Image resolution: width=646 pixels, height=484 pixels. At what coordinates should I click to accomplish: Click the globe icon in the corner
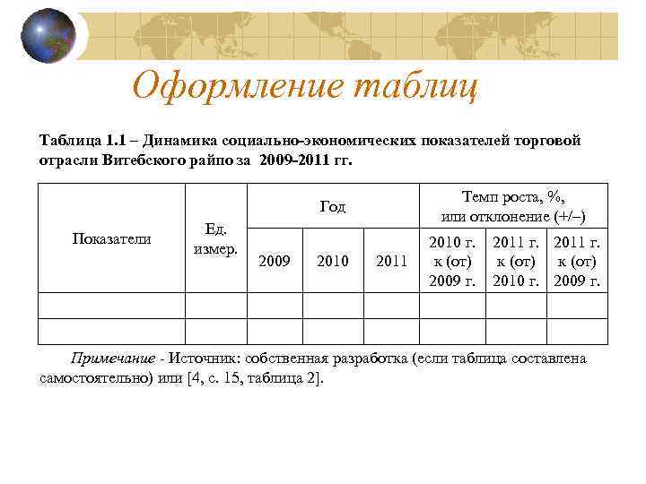coord(47,37)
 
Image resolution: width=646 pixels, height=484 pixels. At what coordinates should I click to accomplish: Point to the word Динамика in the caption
coord(180,141)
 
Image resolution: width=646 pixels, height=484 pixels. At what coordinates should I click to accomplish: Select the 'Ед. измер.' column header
coord(215,238)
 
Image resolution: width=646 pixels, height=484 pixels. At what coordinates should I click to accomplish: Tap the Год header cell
coord(332,207)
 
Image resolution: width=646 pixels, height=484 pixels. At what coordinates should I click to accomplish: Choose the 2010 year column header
coord(332,261)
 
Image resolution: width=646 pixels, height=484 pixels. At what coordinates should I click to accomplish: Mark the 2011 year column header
coord(391,261)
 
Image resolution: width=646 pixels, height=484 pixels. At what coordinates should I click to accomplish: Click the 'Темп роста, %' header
coord(513,206)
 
